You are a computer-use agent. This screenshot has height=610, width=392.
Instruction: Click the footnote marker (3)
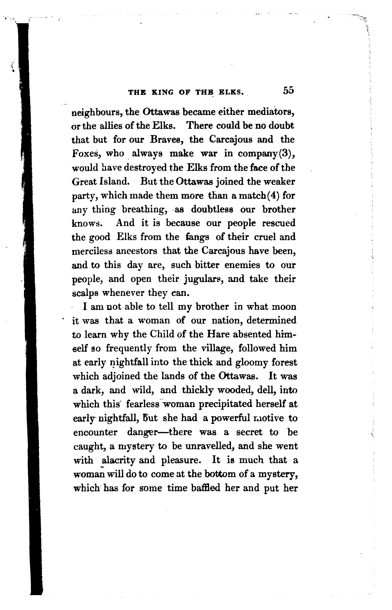287,154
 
